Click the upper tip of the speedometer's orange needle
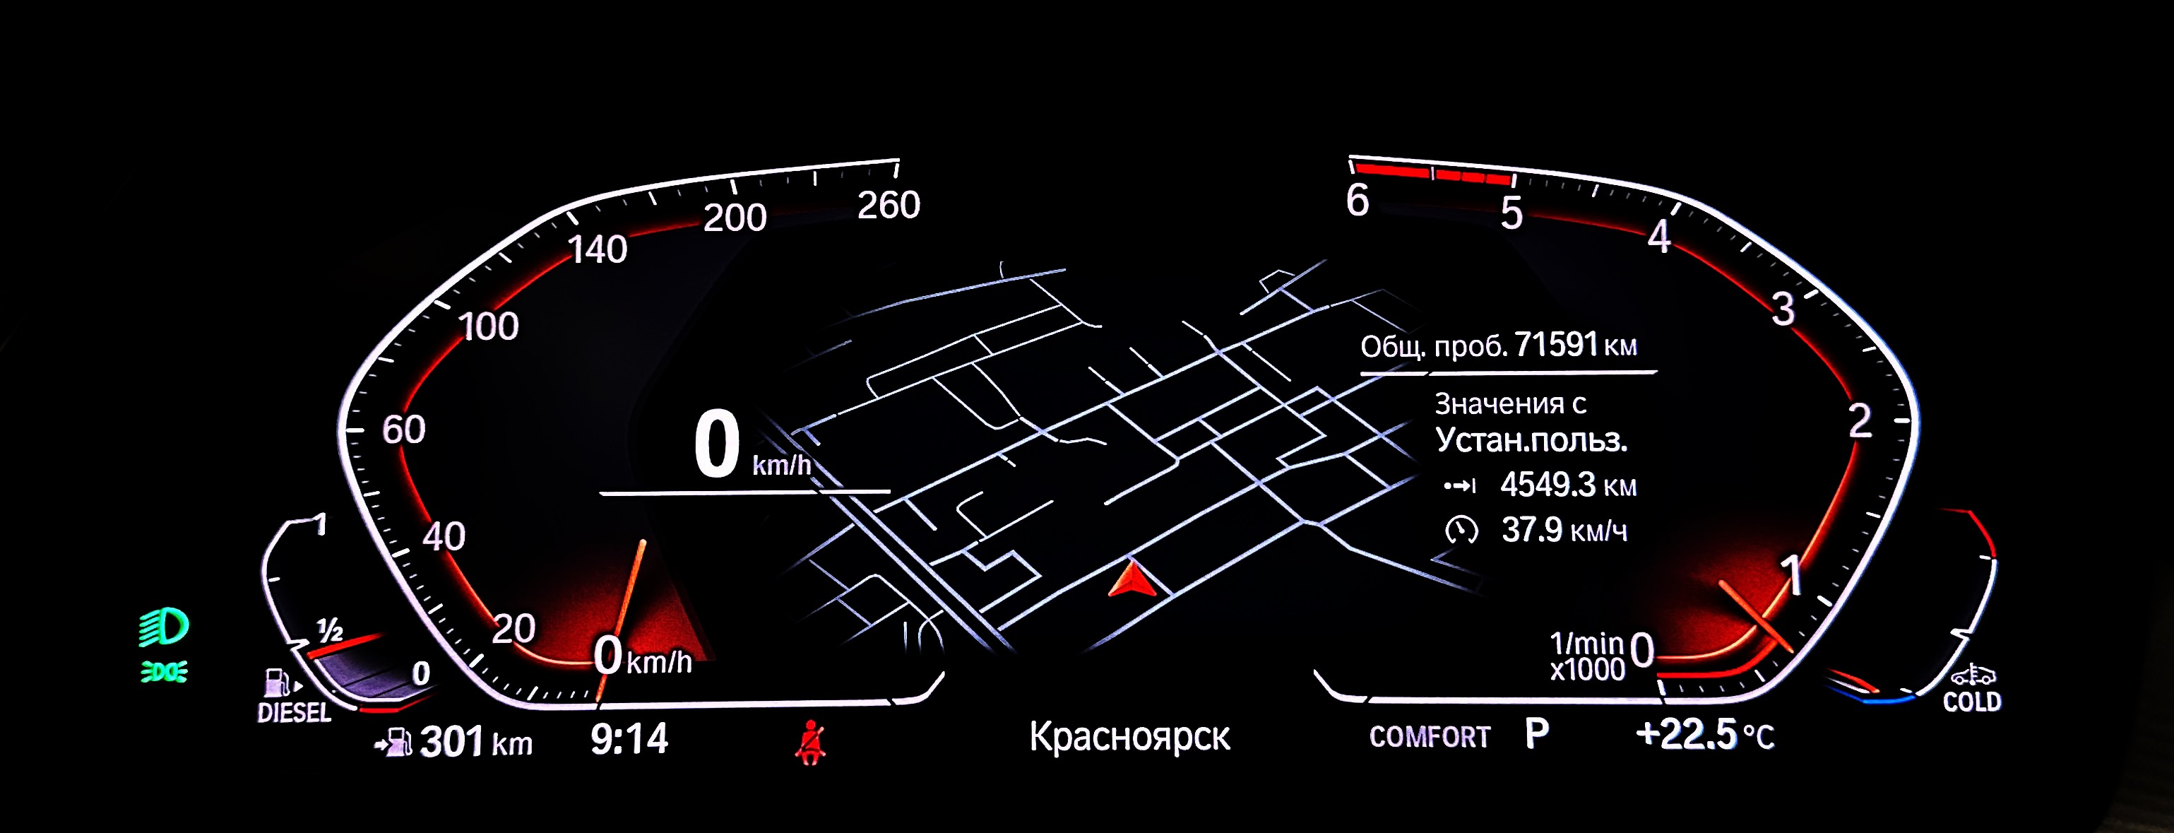644,541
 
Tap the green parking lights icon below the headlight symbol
164,673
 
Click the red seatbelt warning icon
810,742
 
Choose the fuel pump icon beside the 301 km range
393,743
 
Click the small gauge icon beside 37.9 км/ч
1461,530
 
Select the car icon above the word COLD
1973,675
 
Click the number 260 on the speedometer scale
889,205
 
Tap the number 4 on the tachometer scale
1659,237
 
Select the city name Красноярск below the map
1129,737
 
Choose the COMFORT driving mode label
1430,737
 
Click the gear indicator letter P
1537,734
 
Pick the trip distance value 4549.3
1548,485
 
